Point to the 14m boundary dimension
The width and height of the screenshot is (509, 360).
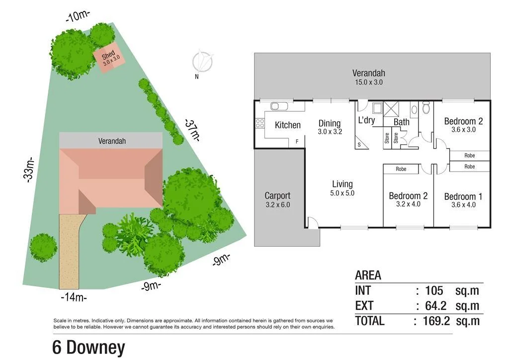pyautogui.click(x=74, y=297)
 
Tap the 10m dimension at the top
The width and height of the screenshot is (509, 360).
pyautogui.click(x=78, y=16)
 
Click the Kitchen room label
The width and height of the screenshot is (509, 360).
pyautogui.click(x=287, y=125)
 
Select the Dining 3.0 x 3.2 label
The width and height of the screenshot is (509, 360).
pyautogui.click(x=329, y=127)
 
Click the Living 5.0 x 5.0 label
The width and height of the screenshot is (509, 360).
pyautogui.click(x=342, y=188)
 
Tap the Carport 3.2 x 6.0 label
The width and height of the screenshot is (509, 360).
pyautogui.click(x=277, y=199)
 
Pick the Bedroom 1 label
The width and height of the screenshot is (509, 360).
pyautogui.click(x=463, y=200)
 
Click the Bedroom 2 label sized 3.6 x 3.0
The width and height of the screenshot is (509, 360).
pyautogui.click(x=463, y=125)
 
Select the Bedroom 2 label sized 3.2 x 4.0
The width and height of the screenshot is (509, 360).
pyautogui.click(x=408, y=200)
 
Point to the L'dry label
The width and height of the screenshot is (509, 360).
pyautogui.click(x=366, y=120)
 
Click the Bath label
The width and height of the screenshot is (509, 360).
pyautogui.click(x=402, y=122)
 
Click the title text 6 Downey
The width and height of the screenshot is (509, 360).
pyautogui.click(x=89, y=348)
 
